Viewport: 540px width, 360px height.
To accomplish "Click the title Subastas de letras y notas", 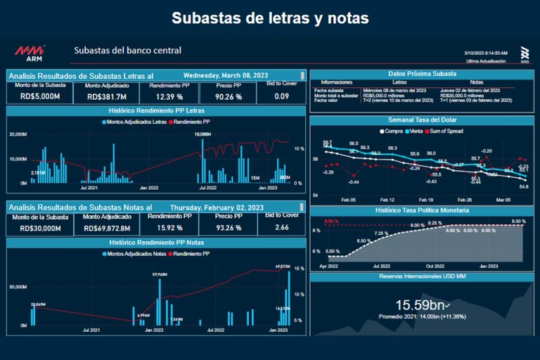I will pyautogui.click(x=270, y=17).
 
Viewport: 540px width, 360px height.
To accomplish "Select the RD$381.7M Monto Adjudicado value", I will pyautogui.click(x=107, y=97).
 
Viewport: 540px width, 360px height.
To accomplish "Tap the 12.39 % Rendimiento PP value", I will pyautogui.click(x=169, y=97).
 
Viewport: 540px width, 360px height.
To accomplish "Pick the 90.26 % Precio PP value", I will pyautogui.click(x=229, y=97).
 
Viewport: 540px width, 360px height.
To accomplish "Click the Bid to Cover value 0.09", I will pyautogui.click(x=281, y=96).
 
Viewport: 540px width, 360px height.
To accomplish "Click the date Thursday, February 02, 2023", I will pyautogui.click(x=217, y=207).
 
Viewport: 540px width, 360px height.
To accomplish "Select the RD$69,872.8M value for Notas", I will pyautogui.click(x=107, y=229).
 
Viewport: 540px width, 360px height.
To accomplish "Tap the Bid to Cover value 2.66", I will pyautogui.click(x=281, y=227).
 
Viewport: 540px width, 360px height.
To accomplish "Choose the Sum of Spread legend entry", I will pyautogui.click(x=463, y=131).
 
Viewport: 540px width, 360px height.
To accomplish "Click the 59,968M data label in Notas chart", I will pyautogui.click(x=160, y=274).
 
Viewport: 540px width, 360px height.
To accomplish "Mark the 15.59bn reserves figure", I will pyautogui.click(x=419, y=304).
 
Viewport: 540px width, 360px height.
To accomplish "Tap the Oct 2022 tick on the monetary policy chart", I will pyautogui.click(x=435, y=266).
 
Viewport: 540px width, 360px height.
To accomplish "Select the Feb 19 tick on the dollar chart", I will pyautogui.click(x=425, y=200).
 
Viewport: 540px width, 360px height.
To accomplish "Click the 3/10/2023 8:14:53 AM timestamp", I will pyautogui.click(x=486, y=53).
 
